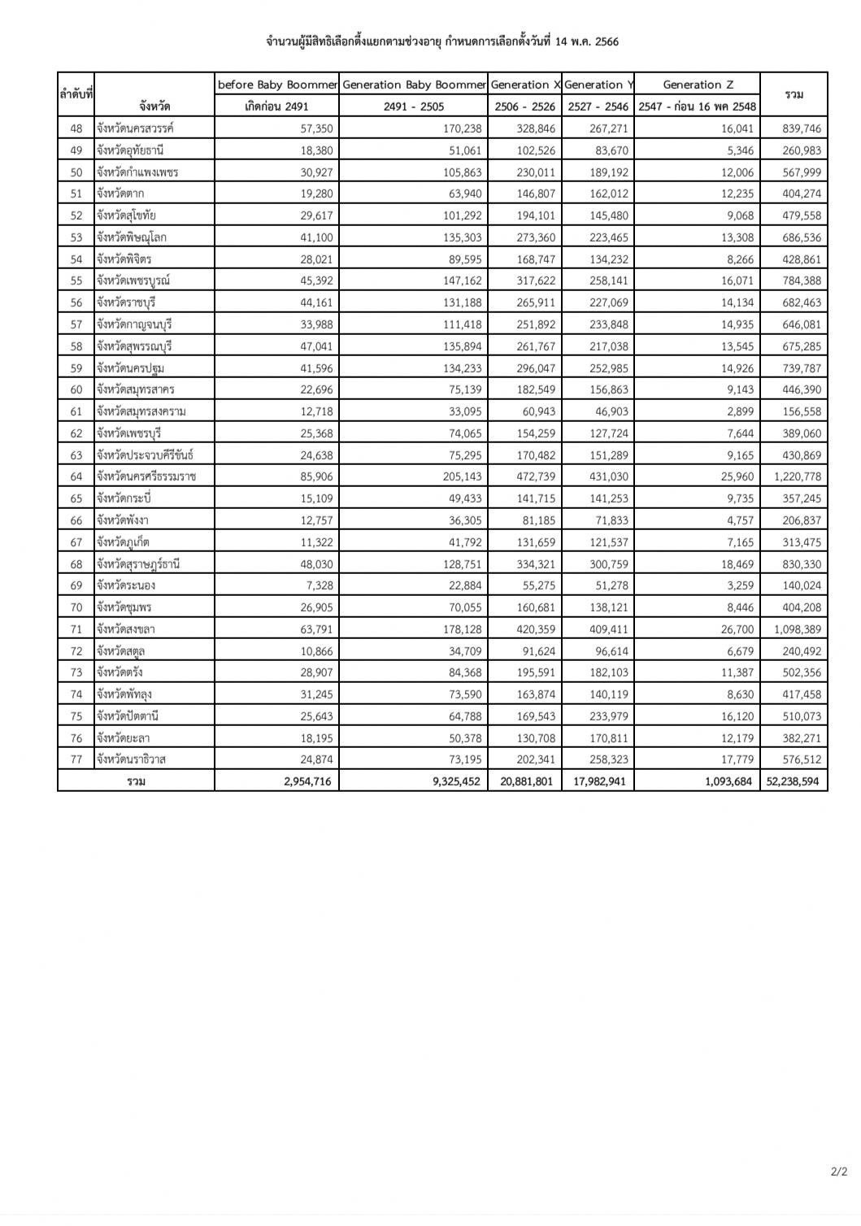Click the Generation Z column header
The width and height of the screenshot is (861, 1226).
tap(697, 85)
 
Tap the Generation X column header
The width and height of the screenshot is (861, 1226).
tap(525, 85)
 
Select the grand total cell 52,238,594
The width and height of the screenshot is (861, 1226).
tap(793, 781)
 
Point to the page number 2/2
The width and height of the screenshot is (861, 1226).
tap(838, 1194)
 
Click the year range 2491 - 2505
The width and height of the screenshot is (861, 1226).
tap(414, 107)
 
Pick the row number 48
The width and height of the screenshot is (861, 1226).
tap(76, 128)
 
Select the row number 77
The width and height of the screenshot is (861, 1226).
tap(76, 759)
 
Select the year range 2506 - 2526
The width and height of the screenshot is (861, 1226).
tap(525, 107)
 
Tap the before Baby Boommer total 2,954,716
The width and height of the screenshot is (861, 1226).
tap(302, 781)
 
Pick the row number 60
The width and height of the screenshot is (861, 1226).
tap(76, 389)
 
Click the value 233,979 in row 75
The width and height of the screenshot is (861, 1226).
tap(609, 716)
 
